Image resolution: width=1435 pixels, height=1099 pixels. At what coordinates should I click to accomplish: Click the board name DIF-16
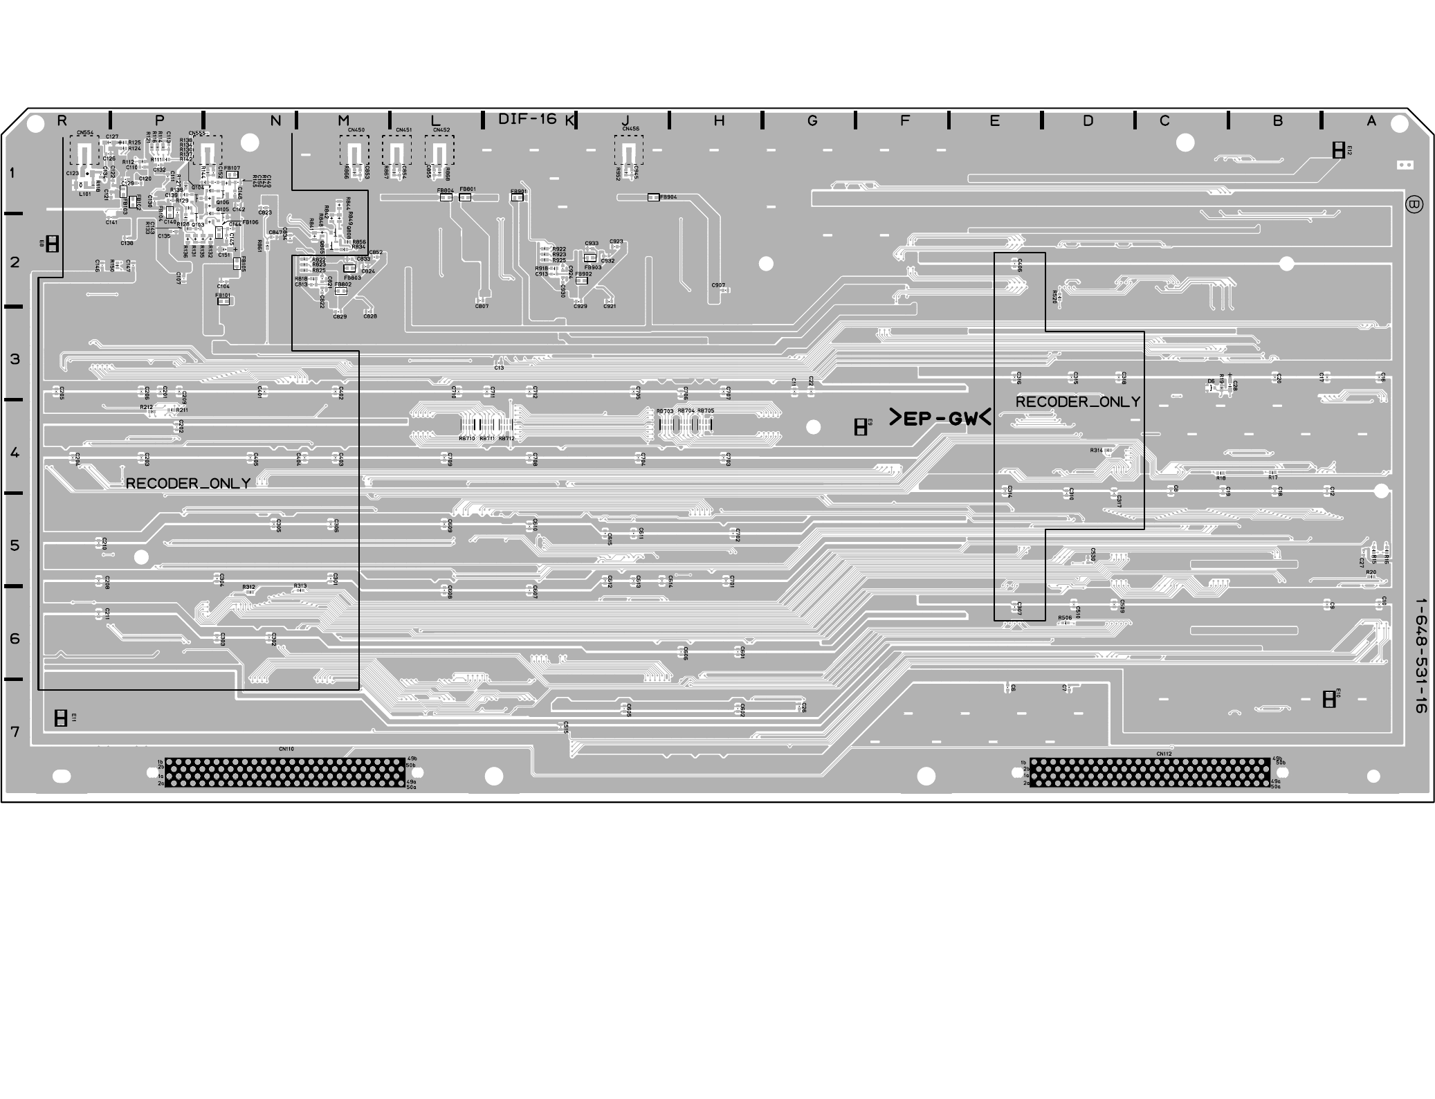pyautogui.click(x=527, y=119)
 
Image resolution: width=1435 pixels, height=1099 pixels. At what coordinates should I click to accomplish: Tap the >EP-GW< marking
pyautogui.click(x=940, y=419)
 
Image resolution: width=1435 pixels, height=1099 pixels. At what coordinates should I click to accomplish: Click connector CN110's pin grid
pyautogui.click(x=284, y=772)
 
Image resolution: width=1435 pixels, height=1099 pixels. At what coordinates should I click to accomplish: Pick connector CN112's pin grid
pyautogui.click(x=1149, y=772)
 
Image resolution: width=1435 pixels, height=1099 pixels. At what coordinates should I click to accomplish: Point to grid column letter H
pyautogui.click(x=719, y=121)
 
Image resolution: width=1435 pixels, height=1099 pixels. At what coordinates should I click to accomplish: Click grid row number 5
pyautogui.click(x=15, y=545)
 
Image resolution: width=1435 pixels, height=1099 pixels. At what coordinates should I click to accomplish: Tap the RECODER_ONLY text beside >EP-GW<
pyautogui.click(x=1077, y=402)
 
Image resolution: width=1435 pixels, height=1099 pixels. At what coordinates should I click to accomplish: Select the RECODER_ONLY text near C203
pyautogui.click(x=188, y=484)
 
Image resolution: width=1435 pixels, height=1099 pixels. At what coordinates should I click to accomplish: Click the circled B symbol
pyautogui.click(x=1414, y=205)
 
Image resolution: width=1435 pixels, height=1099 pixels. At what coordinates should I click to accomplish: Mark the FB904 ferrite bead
pyautogui.click(x=653, y=197)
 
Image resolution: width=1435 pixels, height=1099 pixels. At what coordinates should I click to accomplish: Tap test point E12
pyautogui.click(x=1338, y=149)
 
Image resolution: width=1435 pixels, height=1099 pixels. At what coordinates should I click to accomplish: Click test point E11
pyautogui.click(x=61, y=718)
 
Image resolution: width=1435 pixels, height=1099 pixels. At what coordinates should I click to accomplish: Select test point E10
pyautogui.click(x=1328, y=699)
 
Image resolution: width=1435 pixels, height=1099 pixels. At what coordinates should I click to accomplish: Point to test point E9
pyautogui.click(x=860, y=427)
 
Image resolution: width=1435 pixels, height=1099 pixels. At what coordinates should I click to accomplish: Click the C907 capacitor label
pyautogui.click(x=718, y=285)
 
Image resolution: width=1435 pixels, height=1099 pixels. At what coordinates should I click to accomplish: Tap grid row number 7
pyautogui.click(x=15, y=732)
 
